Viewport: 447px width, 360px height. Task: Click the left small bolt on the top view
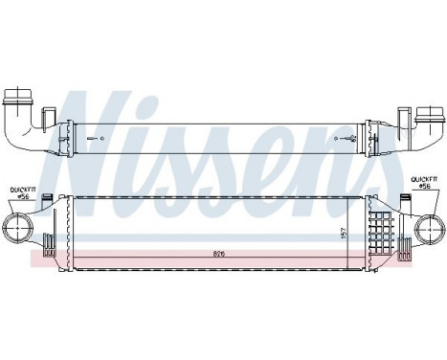click(90, 141)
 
